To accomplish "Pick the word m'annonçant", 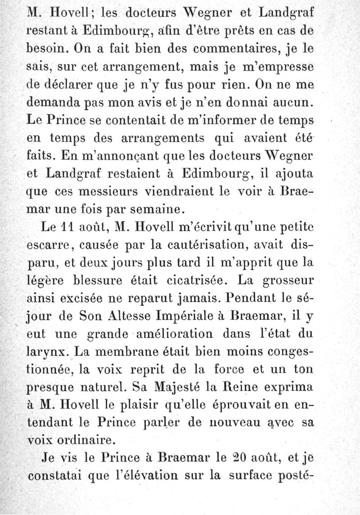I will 113,156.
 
